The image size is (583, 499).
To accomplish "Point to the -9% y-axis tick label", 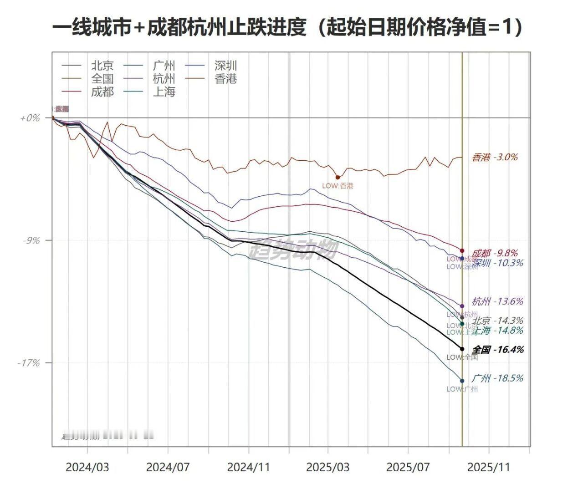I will [x=31, y=240].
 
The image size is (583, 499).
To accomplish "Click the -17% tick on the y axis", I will [x=29, y=363].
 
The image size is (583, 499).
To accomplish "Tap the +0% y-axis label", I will [x=30, y=118].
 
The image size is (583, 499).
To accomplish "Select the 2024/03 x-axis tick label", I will [x=87, y=468].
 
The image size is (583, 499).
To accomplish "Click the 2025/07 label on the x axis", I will [x=408, y=468].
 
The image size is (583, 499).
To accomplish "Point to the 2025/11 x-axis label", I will [x=489, y=468].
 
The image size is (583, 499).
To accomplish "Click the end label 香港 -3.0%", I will [x=495, y=158].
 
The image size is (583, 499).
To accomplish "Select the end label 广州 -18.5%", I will [x=497, y=378].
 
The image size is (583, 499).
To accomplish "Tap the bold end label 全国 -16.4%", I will [x=497, y=350].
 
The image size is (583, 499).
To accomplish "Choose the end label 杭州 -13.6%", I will [x=497, y=301].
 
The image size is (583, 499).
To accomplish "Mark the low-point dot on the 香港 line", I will [x=338, y=178].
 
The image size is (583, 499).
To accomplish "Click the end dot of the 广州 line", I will [x=462, y=381].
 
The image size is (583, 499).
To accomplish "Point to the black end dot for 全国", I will [x=462, y=349].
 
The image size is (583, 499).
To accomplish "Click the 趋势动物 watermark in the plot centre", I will [x=294, y=249].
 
